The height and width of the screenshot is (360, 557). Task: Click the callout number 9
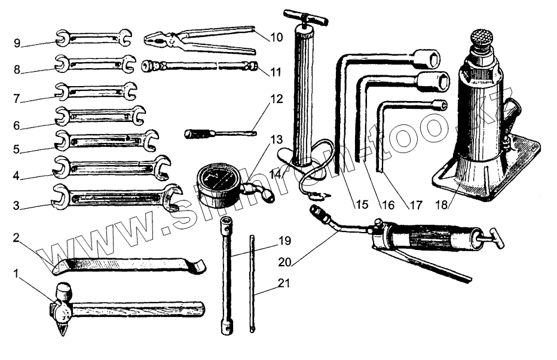click(17, 42)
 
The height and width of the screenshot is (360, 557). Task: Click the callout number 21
click(284, 283)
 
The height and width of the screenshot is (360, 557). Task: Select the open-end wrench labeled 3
click(117, 197)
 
